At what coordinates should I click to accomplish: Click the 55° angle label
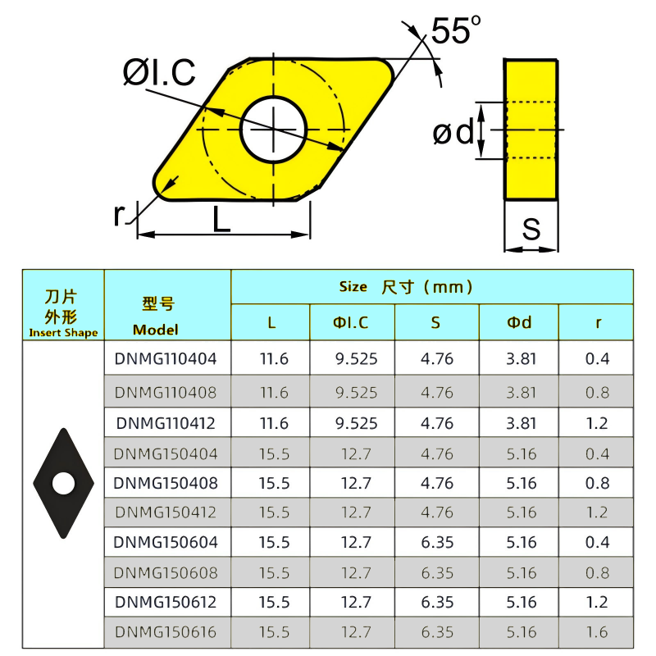click(455, 31)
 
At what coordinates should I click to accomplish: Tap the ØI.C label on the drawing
click(159, 74)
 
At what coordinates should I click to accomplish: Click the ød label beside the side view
click(453, 132)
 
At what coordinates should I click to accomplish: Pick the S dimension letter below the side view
click(531, 230)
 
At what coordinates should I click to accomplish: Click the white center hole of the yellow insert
click(273, 129)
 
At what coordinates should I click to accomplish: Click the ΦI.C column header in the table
click(351, 323)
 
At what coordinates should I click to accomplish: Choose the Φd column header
click(518, 323)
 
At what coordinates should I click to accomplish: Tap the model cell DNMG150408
click(166, 483)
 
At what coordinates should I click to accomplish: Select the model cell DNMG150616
click(166, 632)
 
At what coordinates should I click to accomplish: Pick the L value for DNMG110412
click(274, 423)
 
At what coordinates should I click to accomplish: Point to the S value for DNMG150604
click(437, 542)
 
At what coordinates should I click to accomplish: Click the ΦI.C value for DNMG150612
click(356, 602)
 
